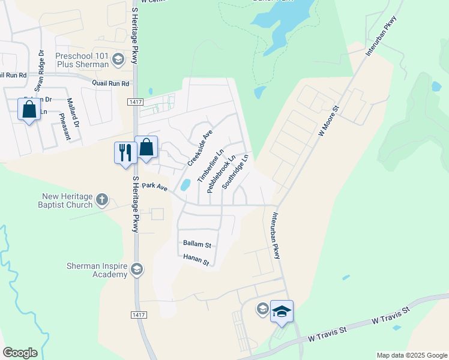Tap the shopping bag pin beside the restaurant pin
[146, 148]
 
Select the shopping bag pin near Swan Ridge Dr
[29, 110]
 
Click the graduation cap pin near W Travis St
[282, 312]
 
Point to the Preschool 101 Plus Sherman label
[82, 59]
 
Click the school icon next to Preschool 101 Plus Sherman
[118, 59]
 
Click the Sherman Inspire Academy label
[97, 270]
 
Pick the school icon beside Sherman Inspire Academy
[137, 269]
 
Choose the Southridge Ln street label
[235, 172]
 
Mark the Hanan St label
[196, 262]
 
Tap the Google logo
[20, 353]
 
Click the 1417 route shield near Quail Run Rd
[134, 103]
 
